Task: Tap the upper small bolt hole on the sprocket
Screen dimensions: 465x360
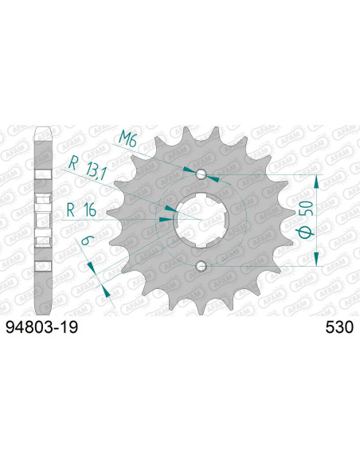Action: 201,174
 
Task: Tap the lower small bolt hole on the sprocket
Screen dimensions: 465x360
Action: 201,265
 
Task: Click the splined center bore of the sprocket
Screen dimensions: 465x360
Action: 201,220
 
